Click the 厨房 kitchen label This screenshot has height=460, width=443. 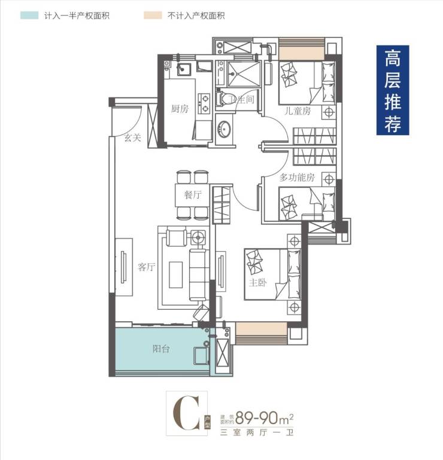pyautogui.click(x=180, y=109)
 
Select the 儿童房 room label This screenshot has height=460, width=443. pyautogui.click(x=298, y=111)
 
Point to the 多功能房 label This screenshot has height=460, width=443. pyautogui.click(x=297, y=177)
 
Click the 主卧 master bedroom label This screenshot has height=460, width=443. pyautogui.click(x=257, y=282)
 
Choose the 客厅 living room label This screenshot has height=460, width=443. pyautogui.click(x=146, y=267)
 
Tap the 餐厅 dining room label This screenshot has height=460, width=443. pyautogui.click(x=193, y=195)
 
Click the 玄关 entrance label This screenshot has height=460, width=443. pyautogui.click(x=133, y=138)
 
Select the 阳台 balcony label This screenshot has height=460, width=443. pyautogui.click(x=161, y=349)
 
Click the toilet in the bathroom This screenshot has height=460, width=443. pyautogui.click(x=222, y=99)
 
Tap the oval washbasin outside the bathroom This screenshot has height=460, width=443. pyautogui.click(x=224, y=129)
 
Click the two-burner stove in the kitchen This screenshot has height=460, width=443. pyautogui.click(x=204, y=103)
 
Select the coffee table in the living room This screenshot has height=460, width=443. pyautogui.click(x=176, y=275)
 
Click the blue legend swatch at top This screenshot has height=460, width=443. pyautogui.click(x=29, y=16)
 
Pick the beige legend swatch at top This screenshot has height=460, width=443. pyautogui.click(x=153, y=16)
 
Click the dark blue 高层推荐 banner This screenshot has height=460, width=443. pyautogui.click(x=393, y=90)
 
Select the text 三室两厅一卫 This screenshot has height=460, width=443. pyautogui.click(x=257, y=432)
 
